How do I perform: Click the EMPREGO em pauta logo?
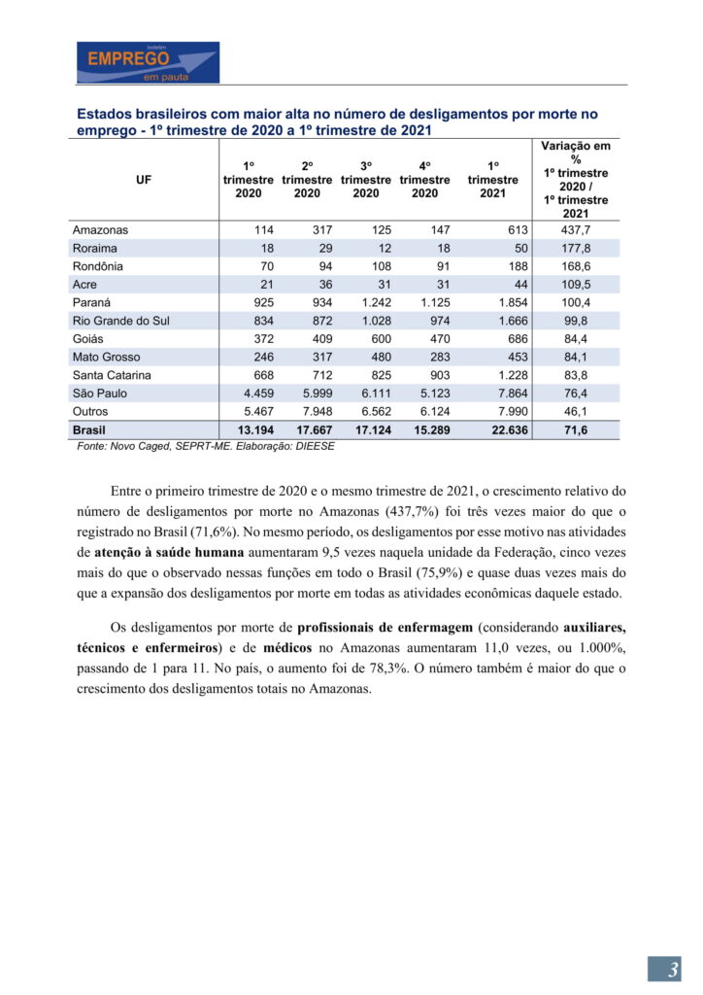pos(149,62)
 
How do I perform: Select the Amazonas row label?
pos(100,230)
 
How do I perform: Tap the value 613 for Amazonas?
pos(516,230)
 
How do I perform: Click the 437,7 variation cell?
pos(576,230)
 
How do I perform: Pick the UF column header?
pos(144,180)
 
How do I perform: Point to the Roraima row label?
pos(95,249)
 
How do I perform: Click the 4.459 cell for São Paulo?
pos(256,394)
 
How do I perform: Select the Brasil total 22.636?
pos(508,429)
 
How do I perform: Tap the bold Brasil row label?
pos(89,429)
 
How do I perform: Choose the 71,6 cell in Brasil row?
pos(576,429)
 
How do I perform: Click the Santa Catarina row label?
pos(113,375)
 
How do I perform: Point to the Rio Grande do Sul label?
pos(120,321)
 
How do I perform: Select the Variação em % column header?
pos(576,180)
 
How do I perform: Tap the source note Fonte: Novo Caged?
pos(206,446)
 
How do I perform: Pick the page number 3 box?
pos(664,969)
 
